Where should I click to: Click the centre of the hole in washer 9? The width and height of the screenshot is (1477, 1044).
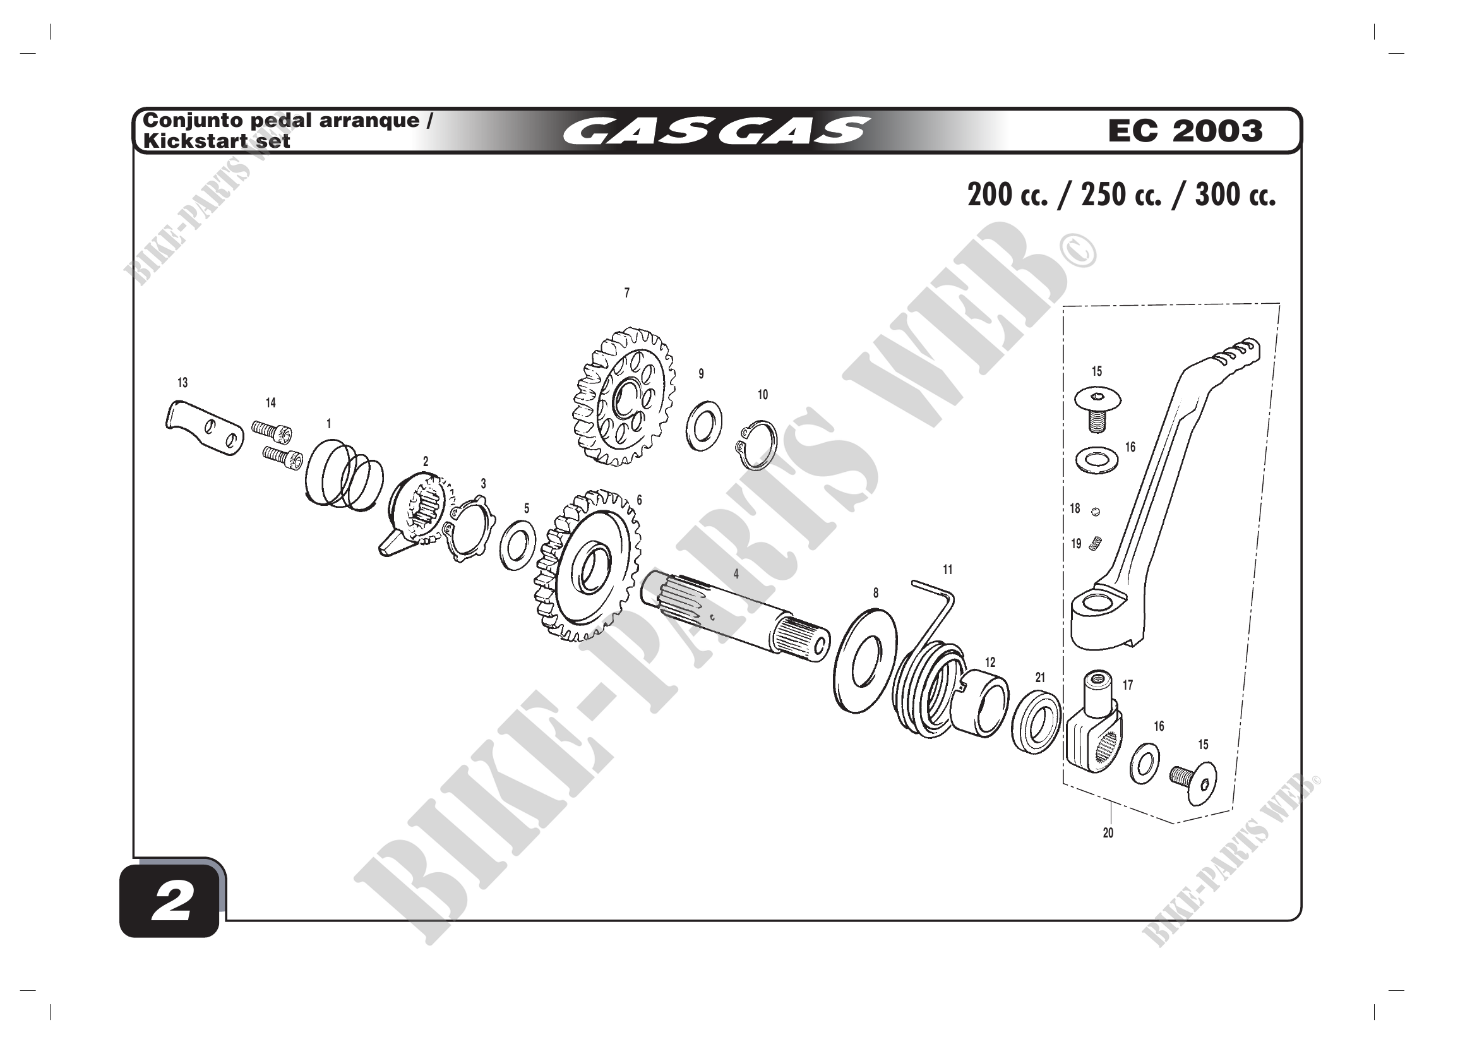click(705, 425)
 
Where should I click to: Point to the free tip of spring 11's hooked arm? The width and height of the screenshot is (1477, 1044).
click(914, 584)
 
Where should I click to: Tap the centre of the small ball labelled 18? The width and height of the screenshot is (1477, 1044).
click(1096, 512)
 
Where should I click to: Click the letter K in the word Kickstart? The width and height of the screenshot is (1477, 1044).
click(151, 141)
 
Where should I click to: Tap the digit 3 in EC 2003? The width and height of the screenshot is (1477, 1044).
click(1250, 131)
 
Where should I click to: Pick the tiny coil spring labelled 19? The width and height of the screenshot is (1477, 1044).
click(1096, 544)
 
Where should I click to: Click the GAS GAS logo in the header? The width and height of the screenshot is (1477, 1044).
click(716, 131)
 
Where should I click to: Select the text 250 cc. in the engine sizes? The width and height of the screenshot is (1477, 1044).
click(1121, 195)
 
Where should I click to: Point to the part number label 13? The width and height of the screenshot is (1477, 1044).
click(182, 383)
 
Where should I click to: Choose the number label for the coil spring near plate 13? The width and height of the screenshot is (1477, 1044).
click(329, 424)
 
